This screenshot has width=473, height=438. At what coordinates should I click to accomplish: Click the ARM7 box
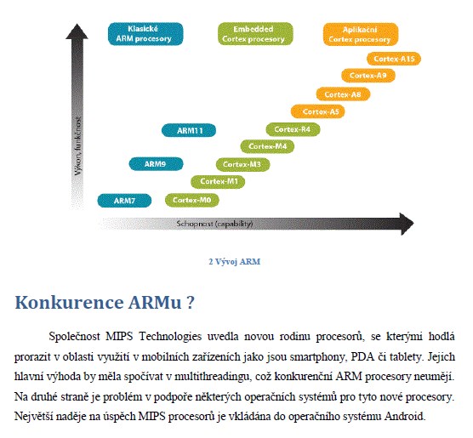coord(124,201)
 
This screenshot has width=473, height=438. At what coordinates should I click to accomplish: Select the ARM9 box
coord(156,164)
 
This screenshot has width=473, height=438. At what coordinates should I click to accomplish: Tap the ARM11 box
coord(189,131)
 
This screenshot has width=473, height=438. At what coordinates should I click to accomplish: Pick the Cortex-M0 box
coord(192,200)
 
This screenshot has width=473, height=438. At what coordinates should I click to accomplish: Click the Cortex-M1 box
coord(218,182)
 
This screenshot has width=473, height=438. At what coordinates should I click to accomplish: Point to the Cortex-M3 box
coord(242,165)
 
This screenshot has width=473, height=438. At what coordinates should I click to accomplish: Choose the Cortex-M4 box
coord(267,146)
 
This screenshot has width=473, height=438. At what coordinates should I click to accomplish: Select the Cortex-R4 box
coord(293,130)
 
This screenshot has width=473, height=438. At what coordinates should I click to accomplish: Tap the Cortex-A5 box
coord(318,111)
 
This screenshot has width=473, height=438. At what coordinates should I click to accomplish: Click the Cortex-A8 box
coord(344,94)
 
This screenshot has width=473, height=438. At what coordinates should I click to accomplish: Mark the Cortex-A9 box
coord(368,76)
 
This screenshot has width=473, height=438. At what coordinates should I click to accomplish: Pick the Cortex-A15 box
coord(394,59)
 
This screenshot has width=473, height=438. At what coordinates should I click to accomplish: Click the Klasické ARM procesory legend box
coord(145,34)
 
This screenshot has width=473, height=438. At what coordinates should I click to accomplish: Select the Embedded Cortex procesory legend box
coord(255,34)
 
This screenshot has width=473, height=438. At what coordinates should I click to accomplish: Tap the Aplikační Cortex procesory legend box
coord(361,34)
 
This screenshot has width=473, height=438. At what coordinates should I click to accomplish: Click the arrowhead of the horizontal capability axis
coord(407,224)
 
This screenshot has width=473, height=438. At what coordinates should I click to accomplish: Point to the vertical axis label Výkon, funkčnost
coord(77,146)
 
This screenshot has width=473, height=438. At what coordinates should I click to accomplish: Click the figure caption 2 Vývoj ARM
coord(235,262)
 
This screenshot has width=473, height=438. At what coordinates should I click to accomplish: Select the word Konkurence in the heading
coord(69,302)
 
